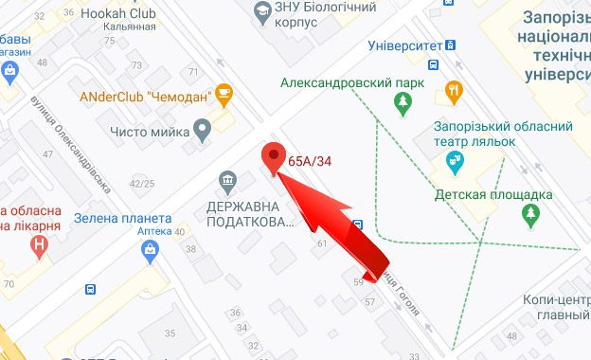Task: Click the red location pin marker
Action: pyautogui.click(x=275, y=158)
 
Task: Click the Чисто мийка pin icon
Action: pyautogui.click(x=201, y=130)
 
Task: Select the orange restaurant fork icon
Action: pyautogui.click(x=455, y=92)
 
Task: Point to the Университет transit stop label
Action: pyautogui.click(x=404, y=45)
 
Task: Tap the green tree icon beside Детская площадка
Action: pyautogui.click(x=530, y=216)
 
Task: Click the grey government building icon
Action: pyautogui.click(x=227, y=180)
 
